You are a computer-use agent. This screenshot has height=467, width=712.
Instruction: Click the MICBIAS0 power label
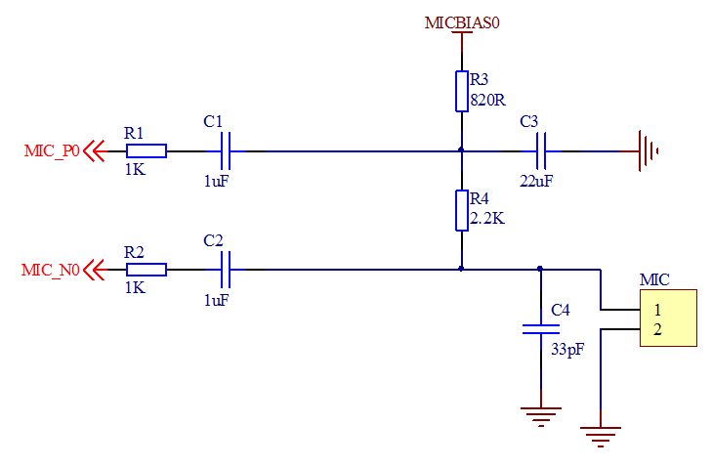462,22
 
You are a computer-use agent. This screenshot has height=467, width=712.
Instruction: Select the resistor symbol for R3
462,91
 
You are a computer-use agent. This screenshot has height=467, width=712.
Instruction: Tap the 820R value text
487,100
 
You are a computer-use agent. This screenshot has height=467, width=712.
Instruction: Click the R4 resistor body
462,211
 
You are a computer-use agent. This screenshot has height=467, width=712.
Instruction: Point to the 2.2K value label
487,219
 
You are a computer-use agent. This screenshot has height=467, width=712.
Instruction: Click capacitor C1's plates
226,151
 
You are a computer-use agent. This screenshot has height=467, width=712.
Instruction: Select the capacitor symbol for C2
226,270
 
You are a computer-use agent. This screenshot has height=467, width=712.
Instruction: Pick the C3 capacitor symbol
541,151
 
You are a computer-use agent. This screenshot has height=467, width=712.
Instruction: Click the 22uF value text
536,182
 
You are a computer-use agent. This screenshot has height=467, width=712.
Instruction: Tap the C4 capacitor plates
541,329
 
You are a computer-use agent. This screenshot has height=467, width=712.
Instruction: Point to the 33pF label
567,350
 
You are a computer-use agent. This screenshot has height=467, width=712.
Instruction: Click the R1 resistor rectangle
147,151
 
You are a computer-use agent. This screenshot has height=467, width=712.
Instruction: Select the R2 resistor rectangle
147,270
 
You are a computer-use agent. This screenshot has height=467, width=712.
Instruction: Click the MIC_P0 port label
52,150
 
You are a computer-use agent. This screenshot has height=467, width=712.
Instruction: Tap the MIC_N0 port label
51,271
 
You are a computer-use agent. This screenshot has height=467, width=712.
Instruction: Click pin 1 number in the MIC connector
657,310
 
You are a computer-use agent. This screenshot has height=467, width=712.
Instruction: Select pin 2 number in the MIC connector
657,330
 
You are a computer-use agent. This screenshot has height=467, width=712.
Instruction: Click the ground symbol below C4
541,416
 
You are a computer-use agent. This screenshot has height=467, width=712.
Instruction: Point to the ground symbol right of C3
648,151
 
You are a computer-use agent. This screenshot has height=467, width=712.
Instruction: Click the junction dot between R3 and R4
461,149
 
